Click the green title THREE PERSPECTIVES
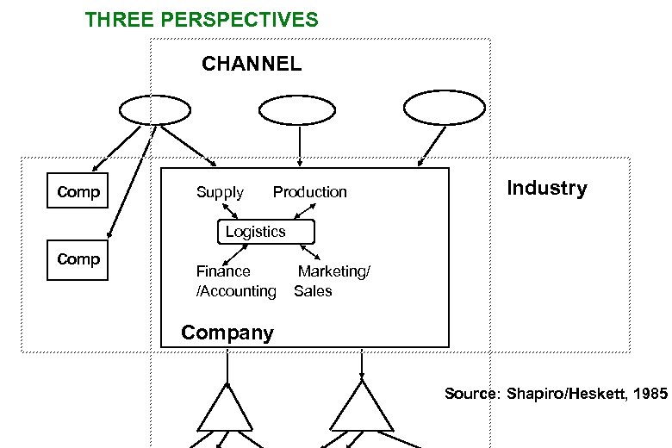(x=202, y=19)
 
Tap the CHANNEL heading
(x=251, y=64)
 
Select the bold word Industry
(x=546, y=188)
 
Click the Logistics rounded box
(x=265, y=232)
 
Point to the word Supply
(x=220, y=192)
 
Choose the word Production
(x=309, y=192)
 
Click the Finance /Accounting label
(x=235, y=282)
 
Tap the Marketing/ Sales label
(x=332, y=282)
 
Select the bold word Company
(x=227, y=333)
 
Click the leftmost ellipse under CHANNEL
(x=154, y=110)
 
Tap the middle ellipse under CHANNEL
(x=298, y=110)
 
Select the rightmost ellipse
(x=444, y=109)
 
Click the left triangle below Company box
(x=227, y=408)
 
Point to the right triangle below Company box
(x=361, y=408)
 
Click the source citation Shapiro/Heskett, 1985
(x=556, y=394)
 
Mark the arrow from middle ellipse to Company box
(x=299, y=146)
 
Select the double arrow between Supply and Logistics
(x=230, y=212)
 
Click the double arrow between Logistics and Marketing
(x=309, y=252)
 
